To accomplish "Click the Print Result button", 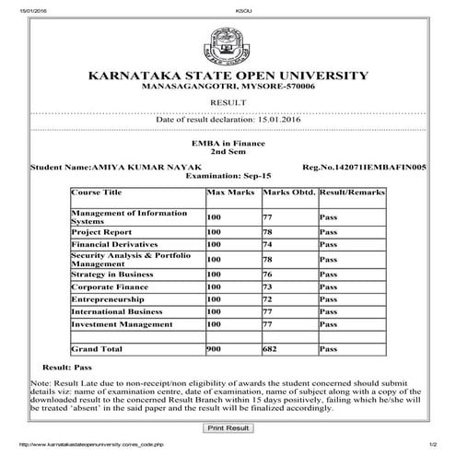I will click(x=228, y=427).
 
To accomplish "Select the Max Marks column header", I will click(x=227, y=193).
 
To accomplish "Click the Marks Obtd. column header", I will click(x=287, y=193).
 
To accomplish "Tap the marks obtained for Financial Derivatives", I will click(x=268, y=245).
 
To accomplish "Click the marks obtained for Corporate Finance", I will click(x=268, y=286).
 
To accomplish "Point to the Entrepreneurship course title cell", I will click(x=109, y=299).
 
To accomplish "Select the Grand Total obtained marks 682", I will click(x=271, y=349).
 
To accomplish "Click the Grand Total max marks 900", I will click(x=214, y=349).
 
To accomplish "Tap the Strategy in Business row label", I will click(x=111, y=274).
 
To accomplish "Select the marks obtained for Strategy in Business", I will click(x=268, y=274).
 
